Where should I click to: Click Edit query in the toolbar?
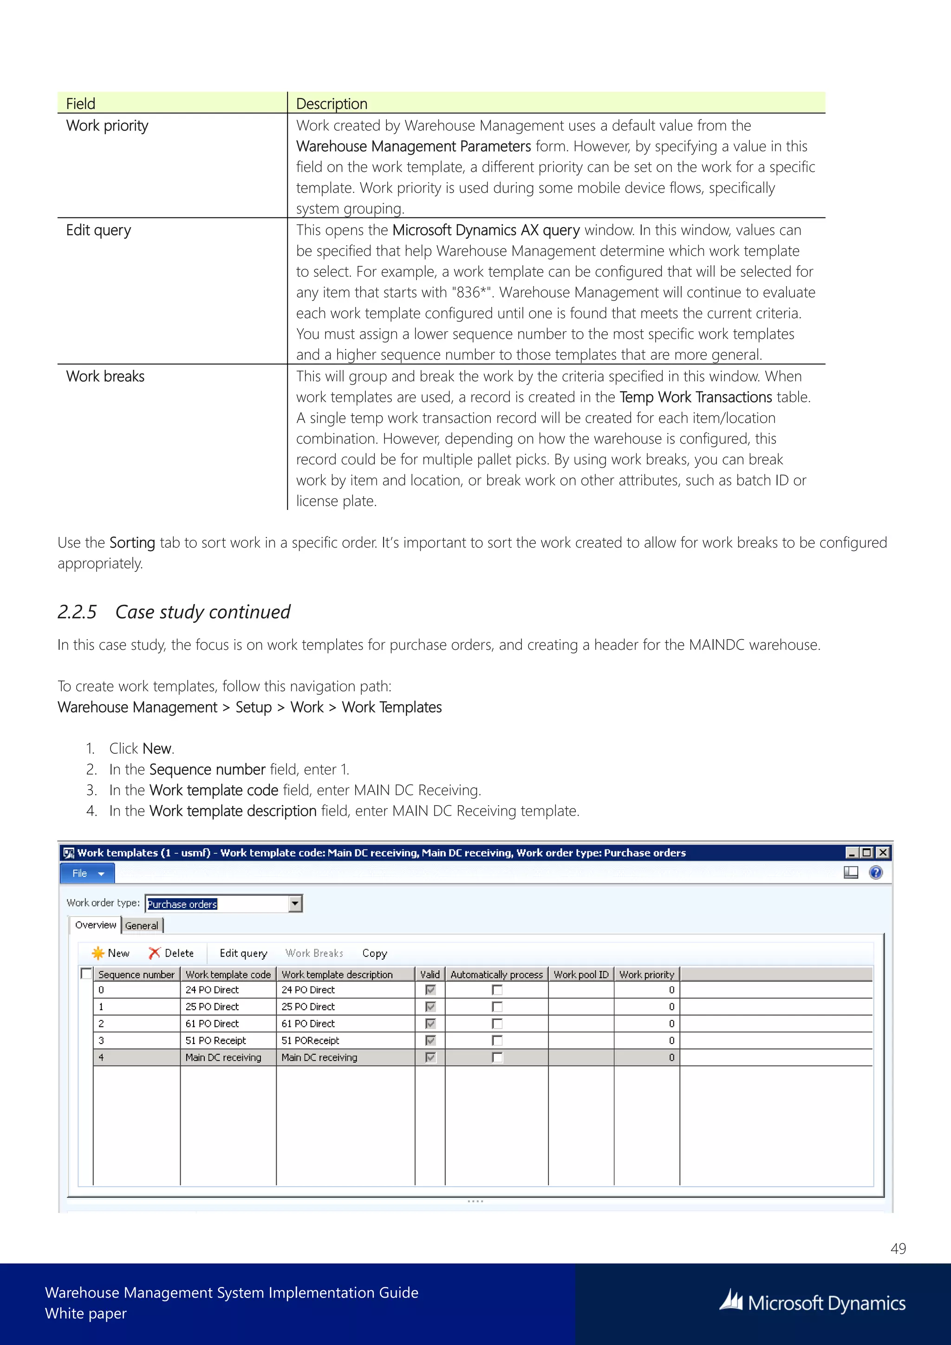pos(243,953)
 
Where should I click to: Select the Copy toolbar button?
pos(374,953)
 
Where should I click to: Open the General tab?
pos(142,926)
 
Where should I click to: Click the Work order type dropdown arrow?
pos(296,903)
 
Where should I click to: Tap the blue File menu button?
pos(87,874)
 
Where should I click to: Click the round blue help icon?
pos(875,873)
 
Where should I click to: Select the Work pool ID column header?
pos(581,974)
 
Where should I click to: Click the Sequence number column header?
pos(136,974)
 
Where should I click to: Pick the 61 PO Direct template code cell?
pos(212,1024)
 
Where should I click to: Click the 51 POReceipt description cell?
pos(310,1040)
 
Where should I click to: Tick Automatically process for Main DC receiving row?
pos(497,1058)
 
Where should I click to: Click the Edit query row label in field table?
pos(98,230)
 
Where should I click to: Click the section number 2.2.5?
pos(77,612)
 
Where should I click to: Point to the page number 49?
pos(898,1248)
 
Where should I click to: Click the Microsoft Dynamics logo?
pos(812,1303)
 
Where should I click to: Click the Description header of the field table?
pos(332,104)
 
